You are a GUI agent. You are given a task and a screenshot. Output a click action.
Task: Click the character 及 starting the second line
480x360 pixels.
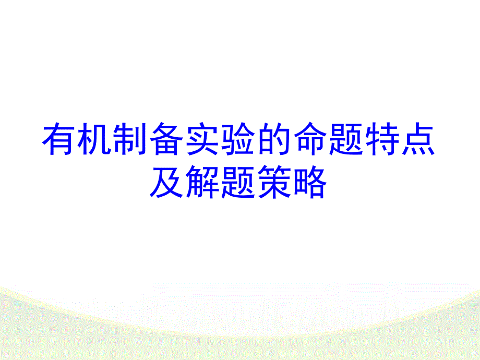pos(167,184)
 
